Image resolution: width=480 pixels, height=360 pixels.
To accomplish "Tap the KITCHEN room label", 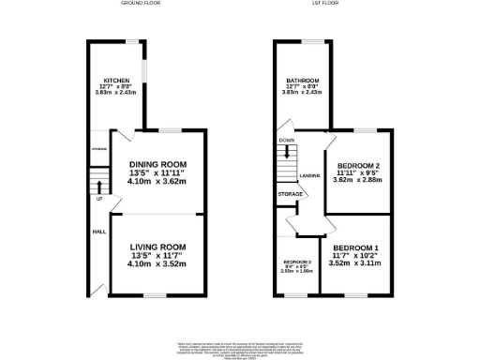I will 117,81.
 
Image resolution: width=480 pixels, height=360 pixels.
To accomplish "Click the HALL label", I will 97,231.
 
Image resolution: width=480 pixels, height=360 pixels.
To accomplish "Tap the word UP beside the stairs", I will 98,199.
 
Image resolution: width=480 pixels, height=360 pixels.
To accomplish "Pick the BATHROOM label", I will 303,81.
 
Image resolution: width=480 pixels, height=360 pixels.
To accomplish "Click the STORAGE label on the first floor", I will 290,194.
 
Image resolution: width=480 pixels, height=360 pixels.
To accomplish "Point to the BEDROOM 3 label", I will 297,262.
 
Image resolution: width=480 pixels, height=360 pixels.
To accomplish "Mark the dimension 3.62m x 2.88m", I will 356,180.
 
